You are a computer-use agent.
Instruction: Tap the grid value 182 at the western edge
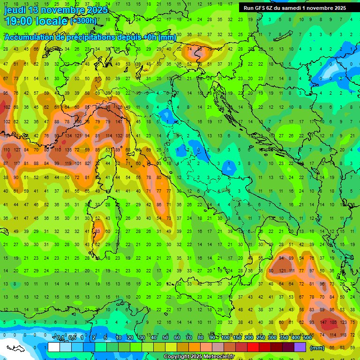tap(7, 107)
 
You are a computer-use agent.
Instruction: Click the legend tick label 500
tap(307, 338)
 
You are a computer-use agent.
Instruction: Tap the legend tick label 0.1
tap(60, 338)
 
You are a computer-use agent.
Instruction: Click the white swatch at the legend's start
tap(54, 347)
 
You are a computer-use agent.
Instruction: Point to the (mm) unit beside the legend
tap(317, 347)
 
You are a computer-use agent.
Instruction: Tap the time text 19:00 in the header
tap(19, 21)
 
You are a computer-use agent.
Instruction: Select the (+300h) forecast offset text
tap(83, 21)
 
